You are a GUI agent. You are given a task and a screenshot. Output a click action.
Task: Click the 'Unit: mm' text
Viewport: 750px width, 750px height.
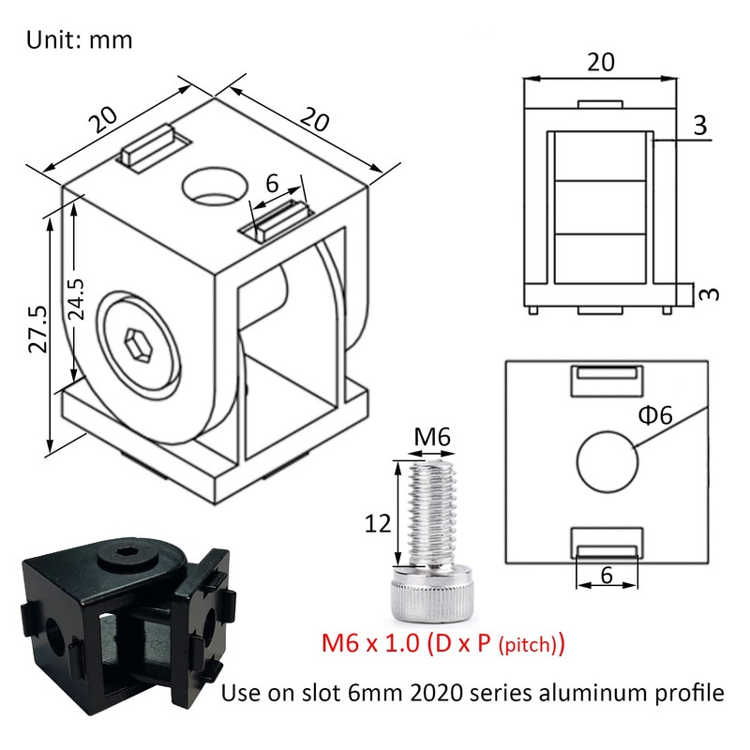[79, 40]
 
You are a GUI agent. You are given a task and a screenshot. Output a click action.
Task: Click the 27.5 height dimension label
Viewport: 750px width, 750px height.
[37, 328]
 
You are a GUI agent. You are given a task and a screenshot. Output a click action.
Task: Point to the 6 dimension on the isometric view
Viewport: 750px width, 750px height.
[272, 184]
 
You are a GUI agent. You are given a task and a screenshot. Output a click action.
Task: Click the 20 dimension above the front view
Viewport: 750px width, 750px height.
[600, 63]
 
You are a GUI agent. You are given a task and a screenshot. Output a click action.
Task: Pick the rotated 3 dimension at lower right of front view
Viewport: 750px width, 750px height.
[710, 293]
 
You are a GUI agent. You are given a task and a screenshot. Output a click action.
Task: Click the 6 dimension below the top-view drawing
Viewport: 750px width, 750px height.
[606, 576]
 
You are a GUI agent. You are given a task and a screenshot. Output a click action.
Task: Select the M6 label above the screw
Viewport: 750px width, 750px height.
[431, 435]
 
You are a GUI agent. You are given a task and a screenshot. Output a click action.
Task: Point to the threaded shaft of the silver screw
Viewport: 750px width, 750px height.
[429, 511]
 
